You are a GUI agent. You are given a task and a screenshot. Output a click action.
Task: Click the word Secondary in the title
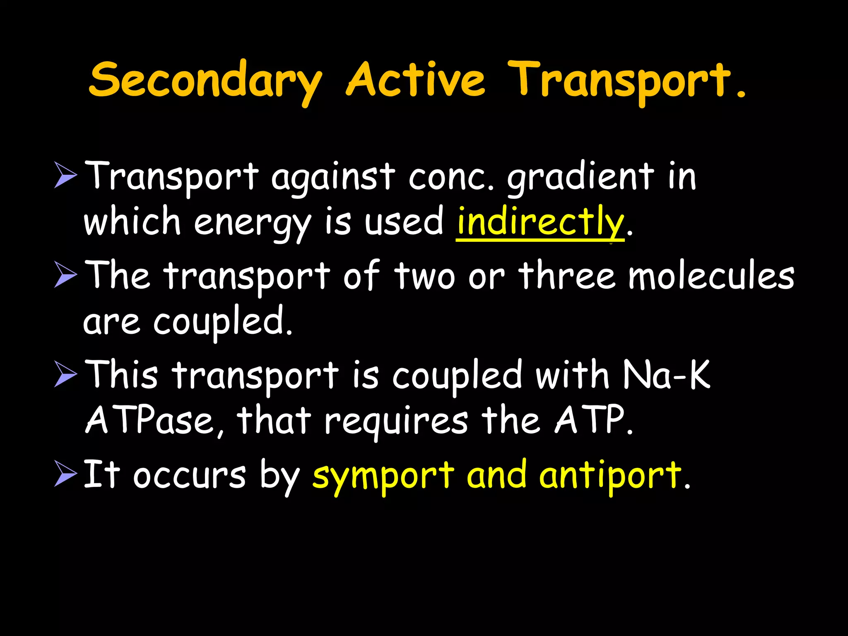click(205, 81)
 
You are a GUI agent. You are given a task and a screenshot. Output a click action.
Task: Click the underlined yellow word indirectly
click(540, 222)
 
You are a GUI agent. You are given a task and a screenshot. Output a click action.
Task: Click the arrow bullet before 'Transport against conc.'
click(65, 176)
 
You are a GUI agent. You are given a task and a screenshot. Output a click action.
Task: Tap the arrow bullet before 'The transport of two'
click(65, 275)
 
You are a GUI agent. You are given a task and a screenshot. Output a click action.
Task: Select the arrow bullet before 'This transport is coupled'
click(65, 375)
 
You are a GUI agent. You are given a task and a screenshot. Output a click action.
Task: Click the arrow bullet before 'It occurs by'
click(65, 475)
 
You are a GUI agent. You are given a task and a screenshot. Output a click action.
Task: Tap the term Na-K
click(666, 375)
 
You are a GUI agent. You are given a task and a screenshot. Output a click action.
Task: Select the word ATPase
click(154, 420)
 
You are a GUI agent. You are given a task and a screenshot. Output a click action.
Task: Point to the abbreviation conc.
click(451, 178)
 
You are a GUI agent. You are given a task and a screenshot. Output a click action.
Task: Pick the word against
click(333, 178)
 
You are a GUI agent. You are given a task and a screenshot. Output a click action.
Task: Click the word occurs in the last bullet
click(189, 476)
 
